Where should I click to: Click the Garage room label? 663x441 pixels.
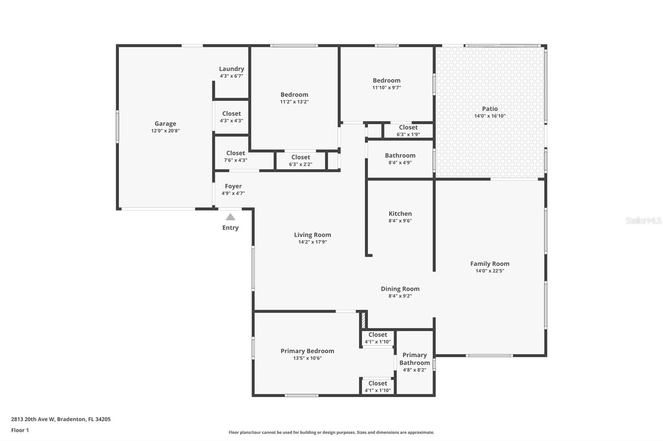[x=165, y=123]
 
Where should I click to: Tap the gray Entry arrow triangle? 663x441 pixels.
[x=230, y=217]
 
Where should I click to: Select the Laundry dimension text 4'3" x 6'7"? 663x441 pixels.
[x=231, y=76]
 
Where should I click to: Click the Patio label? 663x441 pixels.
[x=490, y=109]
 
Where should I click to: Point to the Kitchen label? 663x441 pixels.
[x=400, y=213]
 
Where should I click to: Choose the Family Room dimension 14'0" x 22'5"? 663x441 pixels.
[x=490, y=271]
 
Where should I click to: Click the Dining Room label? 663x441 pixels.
[x=400, y=289]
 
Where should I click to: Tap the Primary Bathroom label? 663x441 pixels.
[x=414, y=359]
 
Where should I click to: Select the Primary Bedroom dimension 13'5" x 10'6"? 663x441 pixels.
[x=307, y=358]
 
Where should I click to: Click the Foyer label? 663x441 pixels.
[x=233, y=186]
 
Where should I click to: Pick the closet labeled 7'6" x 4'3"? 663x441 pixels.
[x=235, y=156]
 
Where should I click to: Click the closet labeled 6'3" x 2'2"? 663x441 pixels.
[x=300, y=161]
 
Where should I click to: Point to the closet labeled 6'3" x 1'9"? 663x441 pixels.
[x=408, y=131]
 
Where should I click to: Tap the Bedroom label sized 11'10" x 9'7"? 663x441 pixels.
[x=386, y=81]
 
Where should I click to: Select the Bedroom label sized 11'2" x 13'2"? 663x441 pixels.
[x=294, y=95]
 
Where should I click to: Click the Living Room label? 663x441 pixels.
[x=312, y=235]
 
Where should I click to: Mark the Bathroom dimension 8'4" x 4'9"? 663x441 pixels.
[x=400, y=163]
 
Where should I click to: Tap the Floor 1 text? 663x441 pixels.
[x=20, y=430]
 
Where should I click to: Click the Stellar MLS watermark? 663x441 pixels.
[x=643, y=220]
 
